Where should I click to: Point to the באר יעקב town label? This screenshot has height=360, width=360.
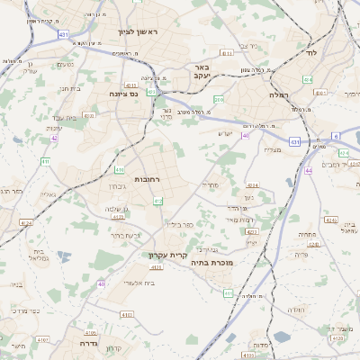click(201, 72)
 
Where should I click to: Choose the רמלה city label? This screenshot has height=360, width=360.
click(277, 94)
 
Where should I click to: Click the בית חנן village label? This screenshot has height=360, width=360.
click(71, 88)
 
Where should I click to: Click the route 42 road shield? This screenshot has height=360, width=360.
click(55, 138)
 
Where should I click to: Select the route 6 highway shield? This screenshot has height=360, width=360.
click(337, 136)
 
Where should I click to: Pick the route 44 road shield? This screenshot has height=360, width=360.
click(308, 169)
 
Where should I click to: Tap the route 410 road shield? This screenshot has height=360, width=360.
click(120, 168)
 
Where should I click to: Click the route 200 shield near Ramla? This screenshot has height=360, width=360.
click(219, 99)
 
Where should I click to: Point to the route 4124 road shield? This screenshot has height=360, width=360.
click(26, 222)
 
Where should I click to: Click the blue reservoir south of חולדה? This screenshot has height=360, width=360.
click(281, 337)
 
